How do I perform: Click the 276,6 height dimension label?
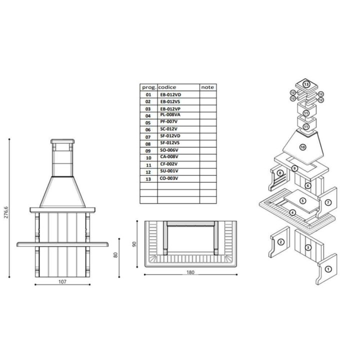tap(6, 212)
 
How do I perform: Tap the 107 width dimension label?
tap(62, 281)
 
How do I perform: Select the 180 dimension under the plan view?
tap(190, 272)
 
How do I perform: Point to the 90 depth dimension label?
tap(134, 244)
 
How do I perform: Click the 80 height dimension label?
tap(115, 255)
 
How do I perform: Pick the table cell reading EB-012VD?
tap(170, 94)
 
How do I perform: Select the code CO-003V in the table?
tap(169, 178)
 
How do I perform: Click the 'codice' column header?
tap(167, 87)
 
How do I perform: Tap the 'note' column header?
tap(207, 87)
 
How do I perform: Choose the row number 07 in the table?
tap(148, 137)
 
